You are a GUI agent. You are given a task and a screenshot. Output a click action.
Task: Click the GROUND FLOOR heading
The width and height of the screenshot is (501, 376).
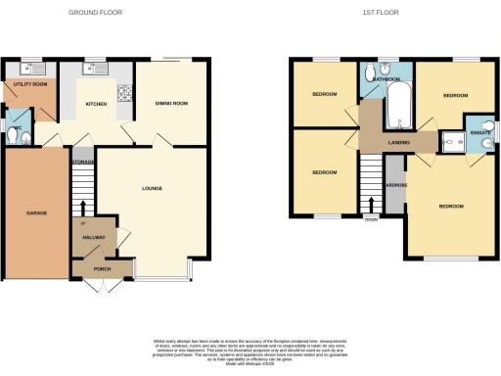point(95,13)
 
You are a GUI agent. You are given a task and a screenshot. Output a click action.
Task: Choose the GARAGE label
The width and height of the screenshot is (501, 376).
point(37,212)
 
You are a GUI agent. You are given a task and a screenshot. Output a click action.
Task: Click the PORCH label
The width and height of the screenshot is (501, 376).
point(101,268)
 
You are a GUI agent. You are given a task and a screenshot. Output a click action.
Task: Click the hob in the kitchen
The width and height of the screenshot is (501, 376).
point(124,95)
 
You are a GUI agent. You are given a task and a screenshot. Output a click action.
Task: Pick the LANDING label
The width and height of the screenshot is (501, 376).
point(398,144)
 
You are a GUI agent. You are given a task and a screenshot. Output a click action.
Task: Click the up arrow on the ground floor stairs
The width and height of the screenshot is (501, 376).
point(84,208)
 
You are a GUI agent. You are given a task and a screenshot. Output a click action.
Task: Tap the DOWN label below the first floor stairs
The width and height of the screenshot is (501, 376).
point(370,219)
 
